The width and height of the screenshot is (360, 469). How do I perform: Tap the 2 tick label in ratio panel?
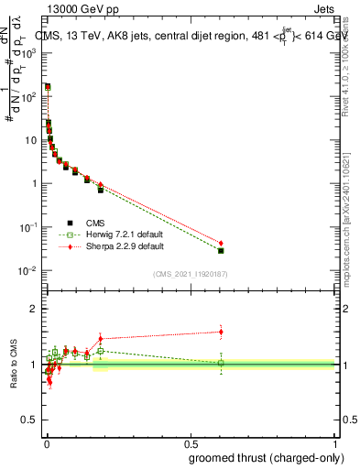point(35,309)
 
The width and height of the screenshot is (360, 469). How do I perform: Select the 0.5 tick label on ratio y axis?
point(31,420)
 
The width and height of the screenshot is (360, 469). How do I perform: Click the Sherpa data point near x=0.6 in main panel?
point(221,243)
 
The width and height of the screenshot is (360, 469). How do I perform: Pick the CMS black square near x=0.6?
point(221,251)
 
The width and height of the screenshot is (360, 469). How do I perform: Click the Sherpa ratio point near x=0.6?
point(221,332)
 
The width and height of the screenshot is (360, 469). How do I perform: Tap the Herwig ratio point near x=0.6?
point(221,363)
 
